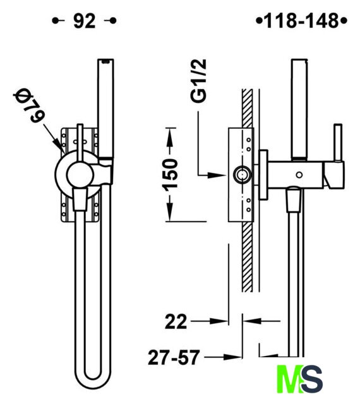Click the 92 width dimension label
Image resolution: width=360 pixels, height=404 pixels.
pos(85,21)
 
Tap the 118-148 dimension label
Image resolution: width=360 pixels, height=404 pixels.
pos(301,21)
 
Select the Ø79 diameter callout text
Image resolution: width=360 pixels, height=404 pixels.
pos(29,106)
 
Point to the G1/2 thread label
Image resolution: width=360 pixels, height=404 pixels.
pos(199,81)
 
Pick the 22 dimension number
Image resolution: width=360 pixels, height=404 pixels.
pos(176,321)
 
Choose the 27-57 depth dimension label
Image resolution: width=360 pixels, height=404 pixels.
pos(174,357)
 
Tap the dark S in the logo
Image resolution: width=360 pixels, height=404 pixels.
pos(311,379)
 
